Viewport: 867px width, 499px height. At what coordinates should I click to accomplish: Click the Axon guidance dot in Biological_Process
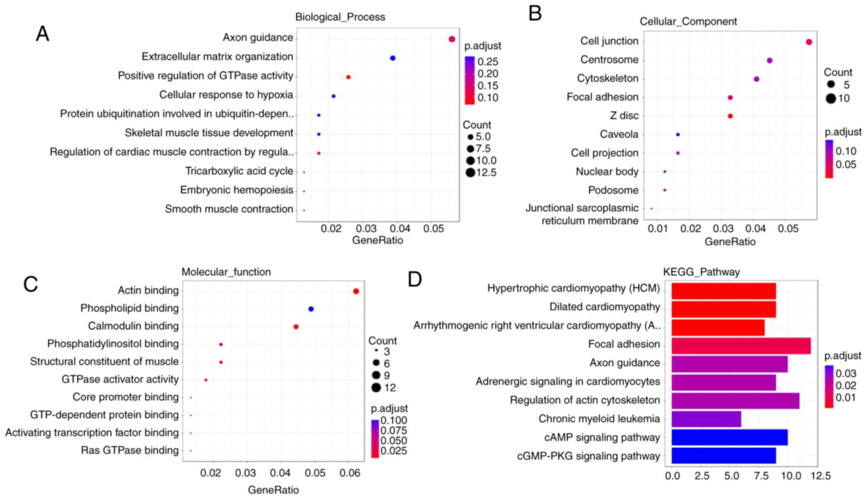pos(452,39)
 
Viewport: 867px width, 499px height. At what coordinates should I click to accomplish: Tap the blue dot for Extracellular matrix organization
pos(393,58)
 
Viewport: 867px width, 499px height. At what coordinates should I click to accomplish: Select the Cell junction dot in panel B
pos(809,42)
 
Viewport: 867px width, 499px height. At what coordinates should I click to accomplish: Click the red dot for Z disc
pos(730,116)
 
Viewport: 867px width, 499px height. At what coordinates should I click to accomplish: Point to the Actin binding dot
pos(356,291)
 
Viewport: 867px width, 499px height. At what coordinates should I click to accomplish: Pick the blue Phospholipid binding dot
pos(311,309)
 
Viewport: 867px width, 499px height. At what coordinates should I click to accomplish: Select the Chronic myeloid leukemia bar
pos(706,419)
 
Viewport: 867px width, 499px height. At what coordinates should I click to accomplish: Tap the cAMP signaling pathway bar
pos(729,438)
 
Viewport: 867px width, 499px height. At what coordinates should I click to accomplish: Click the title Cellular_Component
pos(688,21)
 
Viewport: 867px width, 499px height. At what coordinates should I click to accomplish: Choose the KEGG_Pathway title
pos(701,272)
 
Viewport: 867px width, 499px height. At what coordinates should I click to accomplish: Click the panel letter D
pos(415,279)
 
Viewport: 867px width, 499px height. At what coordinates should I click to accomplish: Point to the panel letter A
pos(42,34)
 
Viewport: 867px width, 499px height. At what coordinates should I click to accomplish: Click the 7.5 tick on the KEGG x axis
pos(761,476)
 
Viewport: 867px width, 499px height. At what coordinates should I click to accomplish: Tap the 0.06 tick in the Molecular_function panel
pos(349,473)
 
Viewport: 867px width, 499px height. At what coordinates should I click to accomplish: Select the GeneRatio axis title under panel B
pos(730,242)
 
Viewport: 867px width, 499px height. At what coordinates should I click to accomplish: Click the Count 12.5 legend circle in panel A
pos(470,173)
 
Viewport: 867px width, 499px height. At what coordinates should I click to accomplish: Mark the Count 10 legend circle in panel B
pos(830,99)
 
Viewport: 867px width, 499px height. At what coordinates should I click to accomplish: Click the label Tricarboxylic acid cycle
pos(239,171)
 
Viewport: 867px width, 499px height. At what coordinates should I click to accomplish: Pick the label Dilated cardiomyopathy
pos(604,307)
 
